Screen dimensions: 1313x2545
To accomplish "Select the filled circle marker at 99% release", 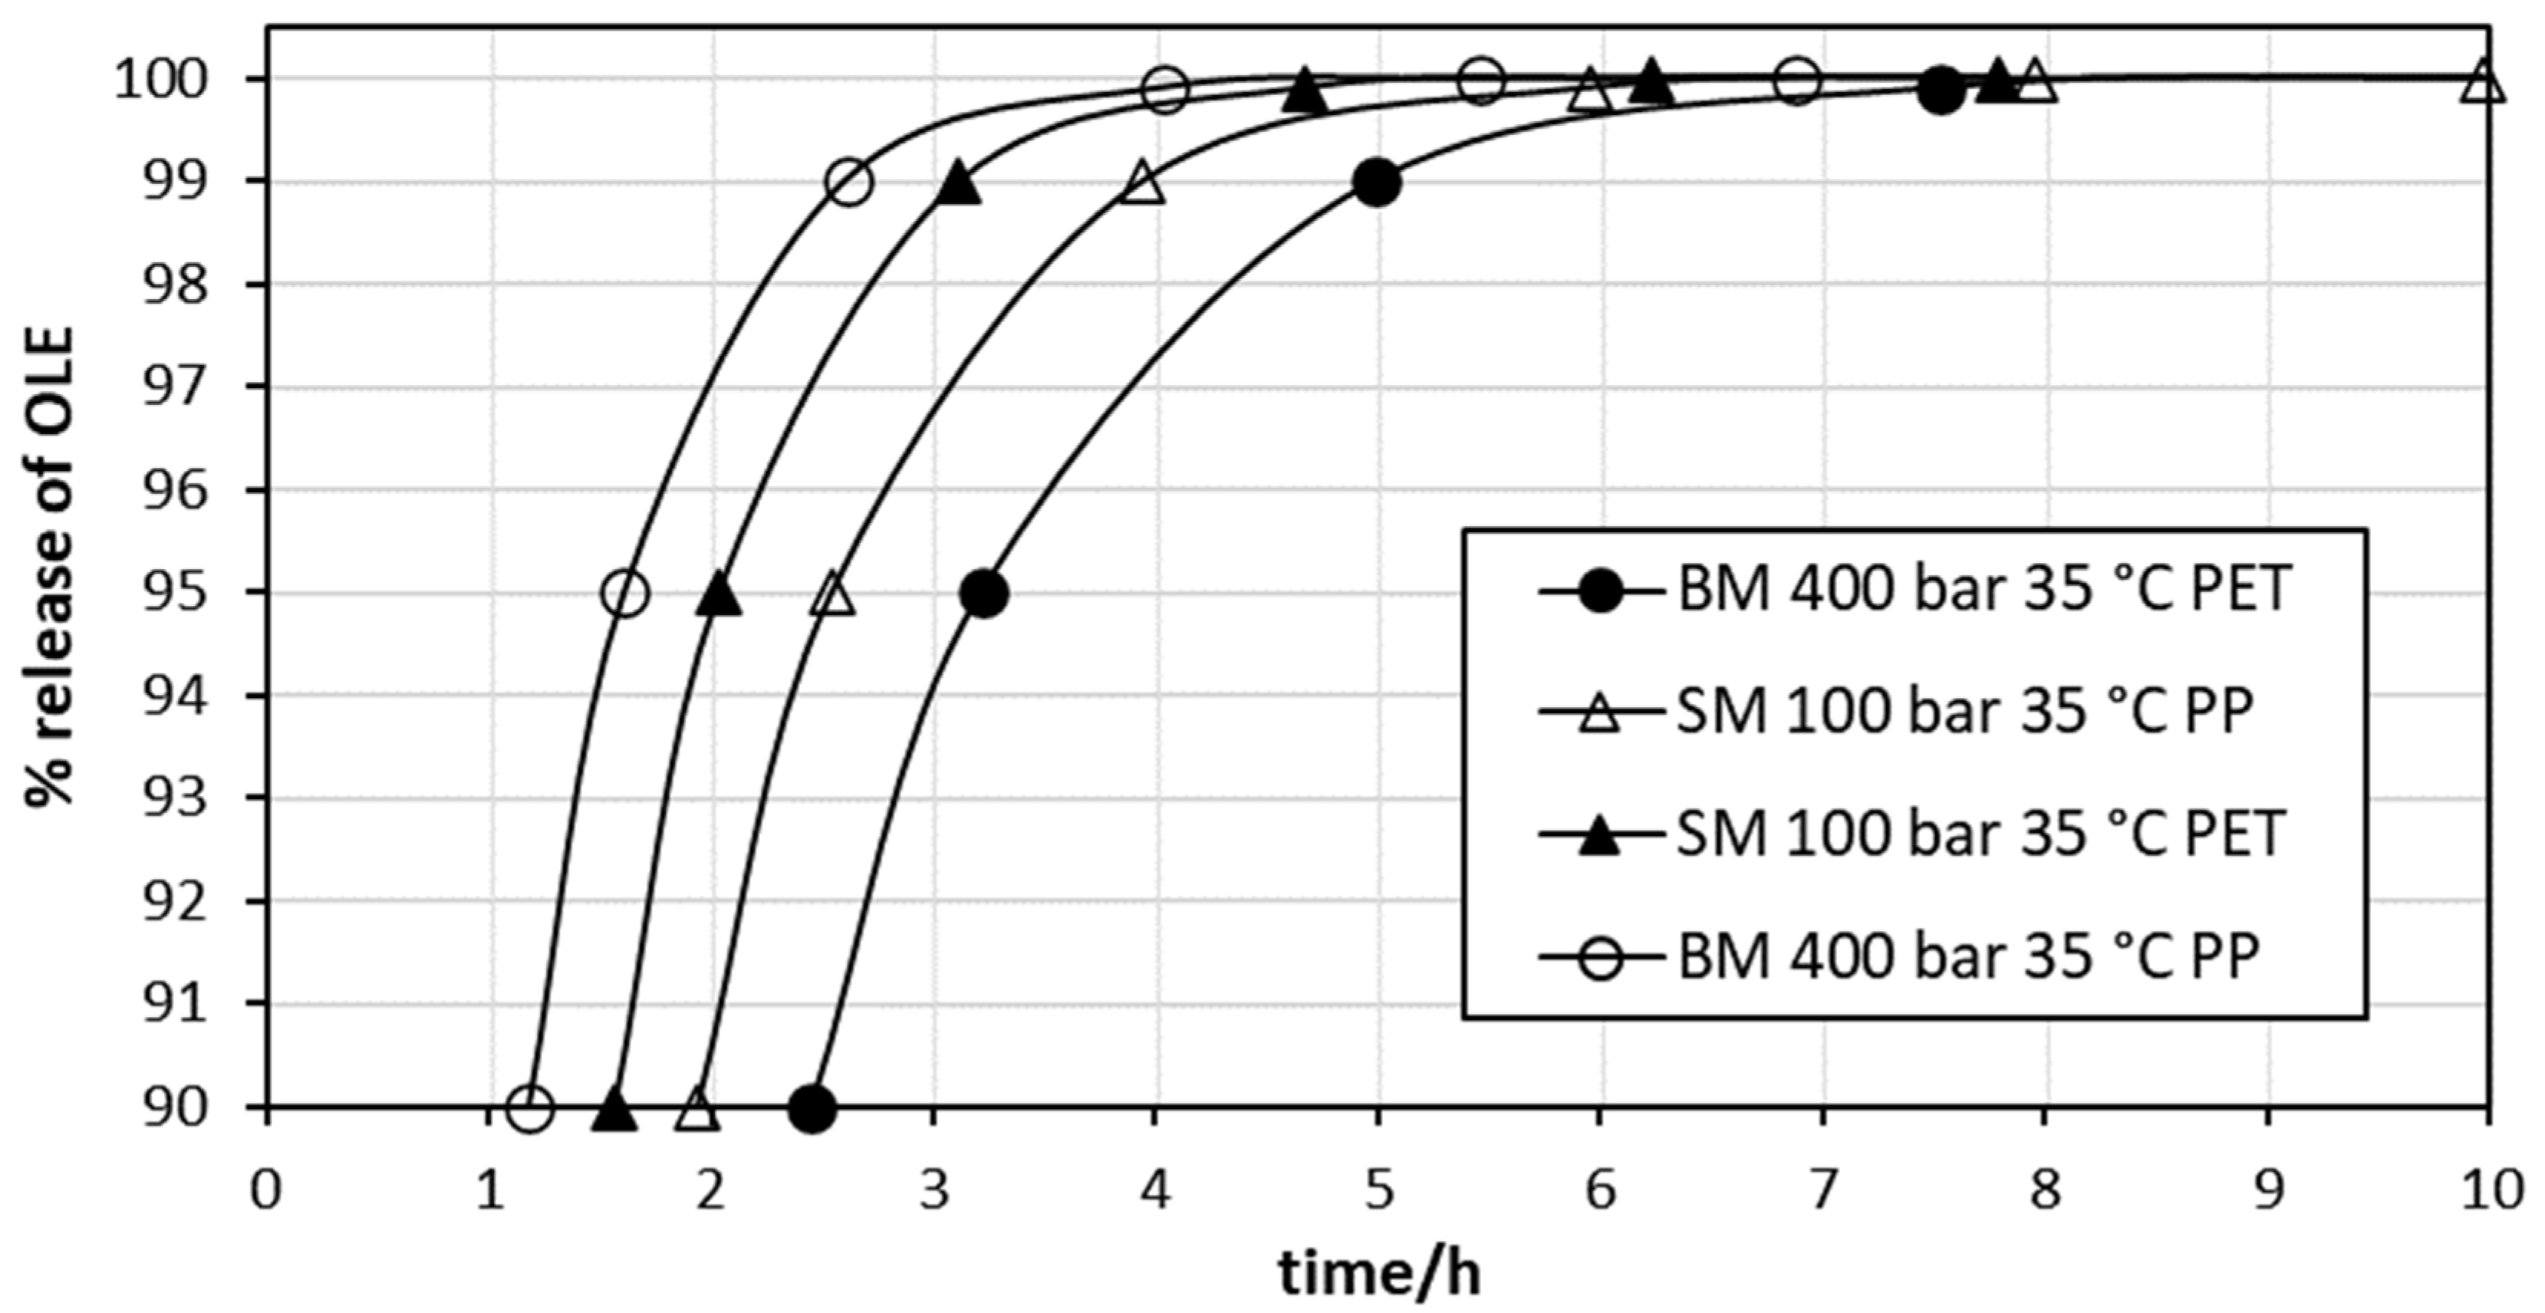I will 1378,183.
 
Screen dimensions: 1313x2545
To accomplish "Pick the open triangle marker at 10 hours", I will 2484,83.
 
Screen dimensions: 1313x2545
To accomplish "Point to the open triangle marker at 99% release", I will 1143,184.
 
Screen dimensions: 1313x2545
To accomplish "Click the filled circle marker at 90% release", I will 812,1108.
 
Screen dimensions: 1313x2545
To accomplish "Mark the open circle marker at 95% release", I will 624,594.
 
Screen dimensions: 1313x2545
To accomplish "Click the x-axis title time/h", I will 1380,1273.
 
